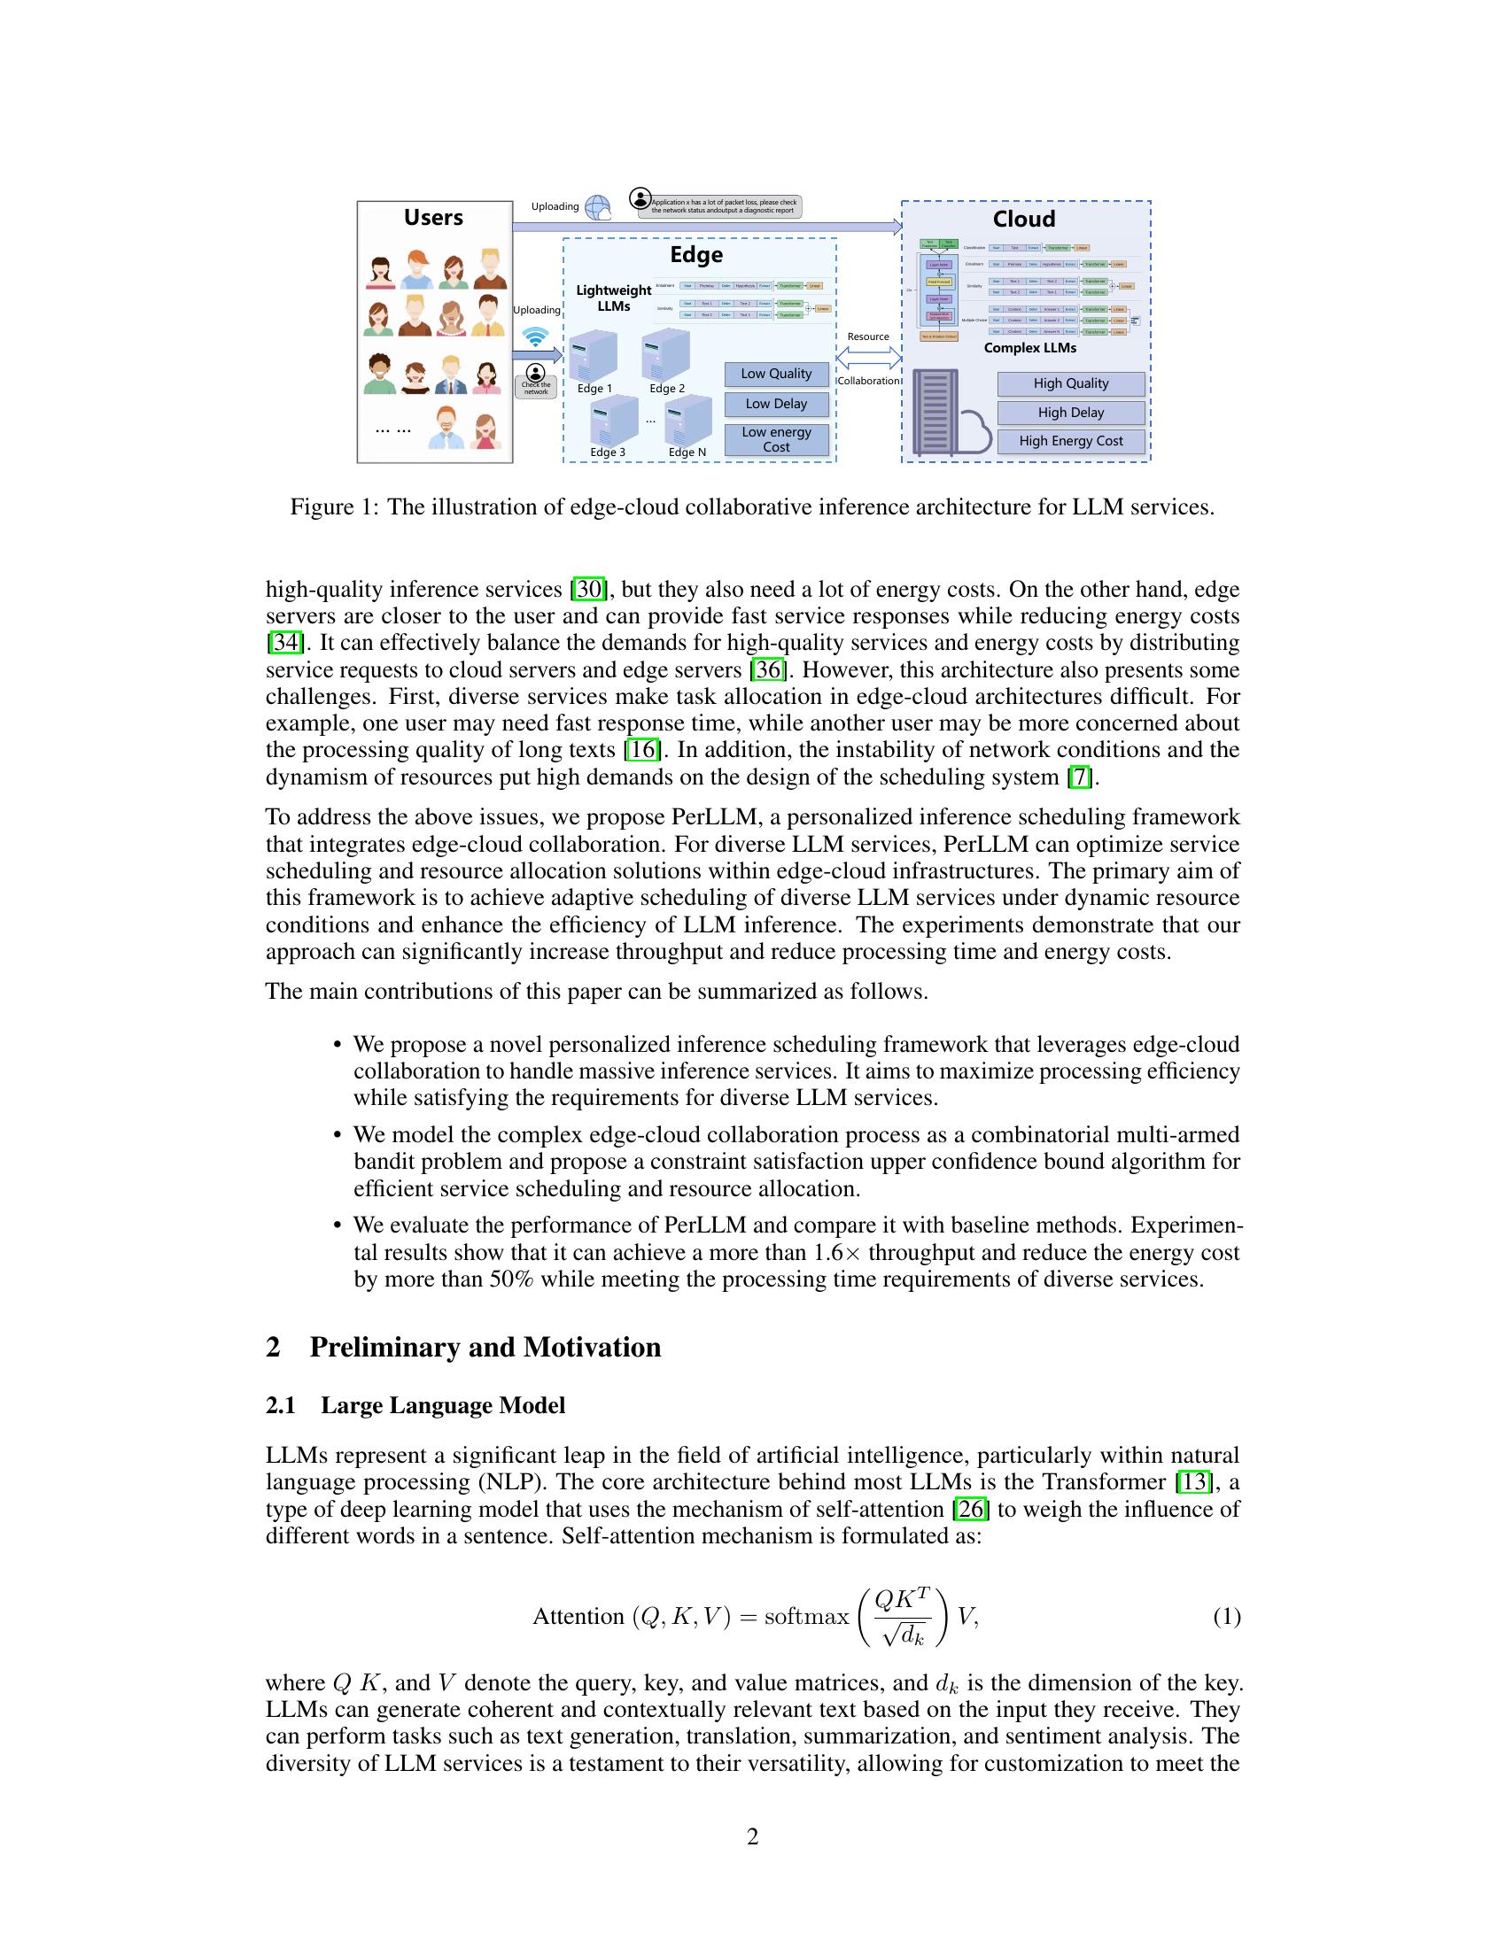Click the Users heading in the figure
pyautogui.click(x=432, y=218)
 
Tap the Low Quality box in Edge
pyautogui.click(x=776, y=374)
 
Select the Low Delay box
pyautogui.click(x=776, y=404)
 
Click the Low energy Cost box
pyautogui.click(x=776, y=440)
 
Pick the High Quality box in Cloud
pyautogui.click(x=1071, y=383)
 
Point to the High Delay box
pyautogui.click(x=1071, y=413)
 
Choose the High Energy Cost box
pyautogui.click(x=1071, y=442)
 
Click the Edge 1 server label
pyautogui.click(x=594, y=389)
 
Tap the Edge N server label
pyautogui.click(x=687, y=452)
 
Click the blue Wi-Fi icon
pyautogui.click(x=535, y=337)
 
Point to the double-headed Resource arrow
pyautogui.click(x=869, y=358)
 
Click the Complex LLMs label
pyautogui.click(x=1029, y=348)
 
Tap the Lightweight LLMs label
pyautogui.click(x=614, y=298)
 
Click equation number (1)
pyautogui.click(x=1226, y=1616)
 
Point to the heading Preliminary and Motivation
pyautogui.click(x=485, y=1347)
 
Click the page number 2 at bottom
pyautogui.click(x=752, y=1836)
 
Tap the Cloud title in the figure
pyautogui.click(x=1023, y=220)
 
